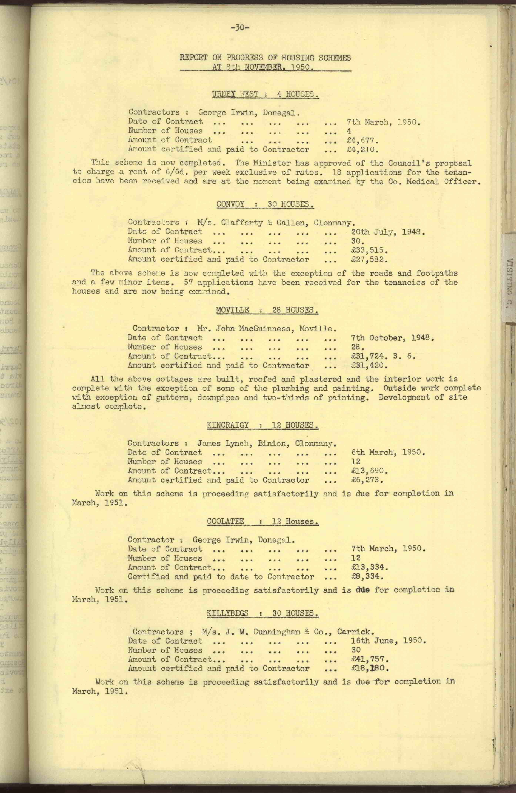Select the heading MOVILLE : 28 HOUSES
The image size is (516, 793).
click(267, 310)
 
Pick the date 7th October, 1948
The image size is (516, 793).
click(390, 338)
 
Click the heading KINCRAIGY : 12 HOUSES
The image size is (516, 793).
click(263, 425)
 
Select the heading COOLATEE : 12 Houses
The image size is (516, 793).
click(263, 521)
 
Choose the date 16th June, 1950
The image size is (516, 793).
click(389, 641)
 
